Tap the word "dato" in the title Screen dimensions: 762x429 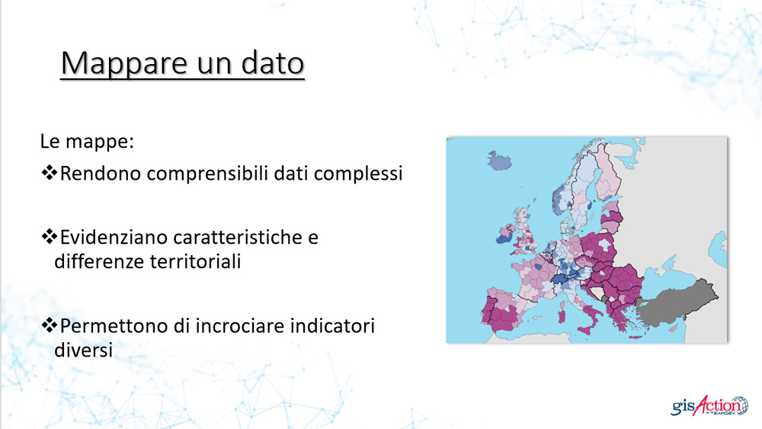[273, 62]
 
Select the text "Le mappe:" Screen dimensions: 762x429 [87, 142]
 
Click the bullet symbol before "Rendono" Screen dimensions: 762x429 [49, 172]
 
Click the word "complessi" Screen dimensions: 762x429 [358, 174]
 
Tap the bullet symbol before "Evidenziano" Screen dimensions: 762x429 [49, 237]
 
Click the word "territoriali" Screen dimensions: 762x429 [195, 261]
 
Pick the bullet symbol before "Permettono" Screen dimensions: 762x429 [49, 325]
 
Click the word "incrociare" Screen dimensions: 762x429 [241, 325]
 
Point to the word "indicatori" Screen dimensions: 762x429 [333, 325]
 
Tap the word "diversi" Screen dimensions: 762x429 [83, 350]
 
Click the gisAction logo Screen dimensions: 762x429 [709, 405]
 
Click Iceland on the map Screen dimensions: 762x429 [499, 160]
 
